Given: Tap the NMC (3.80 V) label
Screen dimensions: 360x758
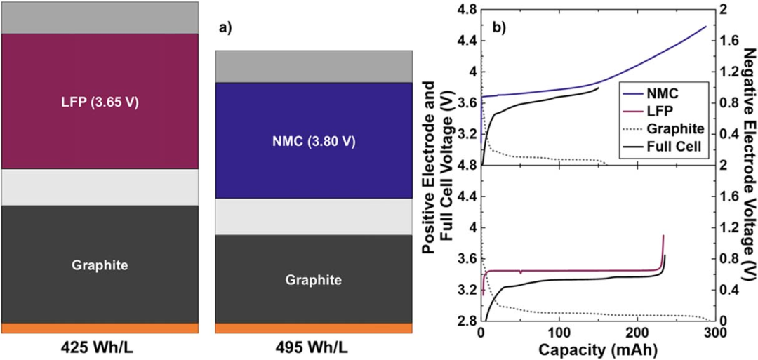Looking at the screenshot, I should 313,141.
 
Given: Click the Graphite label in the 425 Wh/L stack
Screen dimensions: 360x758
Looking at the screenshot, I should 99,265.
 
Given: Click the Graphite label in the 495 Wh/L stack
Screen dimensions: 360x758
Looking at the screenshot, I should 313,279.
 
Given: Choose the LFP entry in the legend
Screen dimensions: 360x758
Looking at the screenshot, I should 652,111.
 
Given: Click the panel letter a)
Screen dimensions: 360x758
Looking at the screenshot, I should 227,28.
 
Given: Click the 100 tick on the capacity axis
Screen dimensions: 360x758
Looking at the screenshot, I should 559,332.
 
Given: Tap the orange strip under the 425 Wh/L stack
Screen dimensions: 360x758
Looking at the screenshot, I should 99,328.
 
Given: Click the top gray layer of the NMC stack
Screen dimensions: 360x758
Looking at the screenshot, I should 313,66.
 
